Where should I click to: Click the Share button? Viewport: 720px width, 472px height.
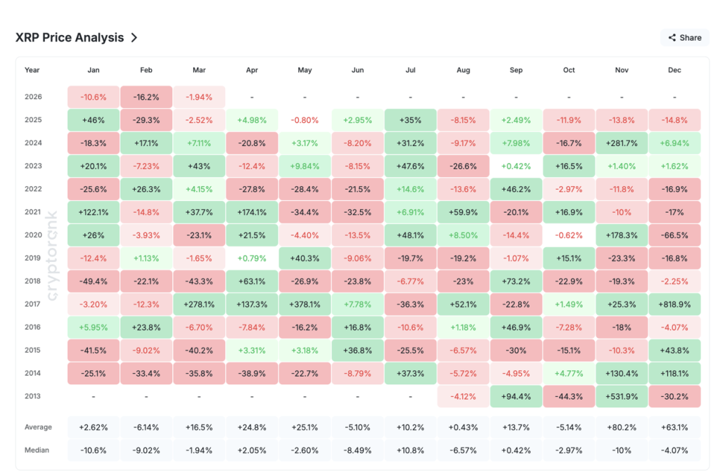coord(684,38)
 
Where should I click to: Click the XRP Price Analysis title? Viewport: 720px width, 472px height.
coord(70,38)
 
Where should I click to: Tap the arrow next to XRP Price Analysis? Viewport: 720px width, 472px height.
coord(134,38)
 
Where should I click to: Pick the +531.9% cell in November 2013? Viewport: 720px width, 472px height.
coord(622,396)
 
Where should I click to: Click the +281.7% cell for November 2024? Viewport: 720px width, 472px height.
coord(622,143)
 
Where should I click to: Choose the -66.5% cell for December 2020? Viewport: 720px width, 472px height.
coord(674,235)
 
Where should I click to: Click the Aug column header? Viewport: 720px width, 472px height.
coord(463,70)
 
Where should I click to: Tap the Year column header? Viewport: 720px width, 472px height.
coord(32,70)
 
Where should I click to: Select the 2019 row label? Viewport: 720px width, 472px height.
coord(33,258)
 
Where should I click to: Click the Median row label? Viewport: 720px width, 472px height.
coord(37,450)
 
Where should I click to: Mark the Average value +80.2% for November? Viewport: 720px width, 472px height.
coord(622,426)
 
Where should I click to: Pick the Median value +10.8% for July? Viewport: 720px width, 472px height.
coord(410,450)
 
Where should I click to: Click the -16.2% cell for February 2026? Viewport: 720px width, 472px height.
coord(146,97)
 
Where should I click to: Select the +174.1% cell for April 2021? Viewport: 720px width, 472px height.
coord(252,211)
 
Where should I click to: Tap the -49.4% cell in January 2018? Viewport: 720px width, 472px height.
coord(94,281)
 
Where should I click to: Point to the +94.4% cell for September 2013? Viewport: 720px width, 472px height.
coord(515,396)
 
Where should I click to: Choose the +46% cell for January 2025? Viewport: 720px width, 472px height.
coord(94,120)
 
